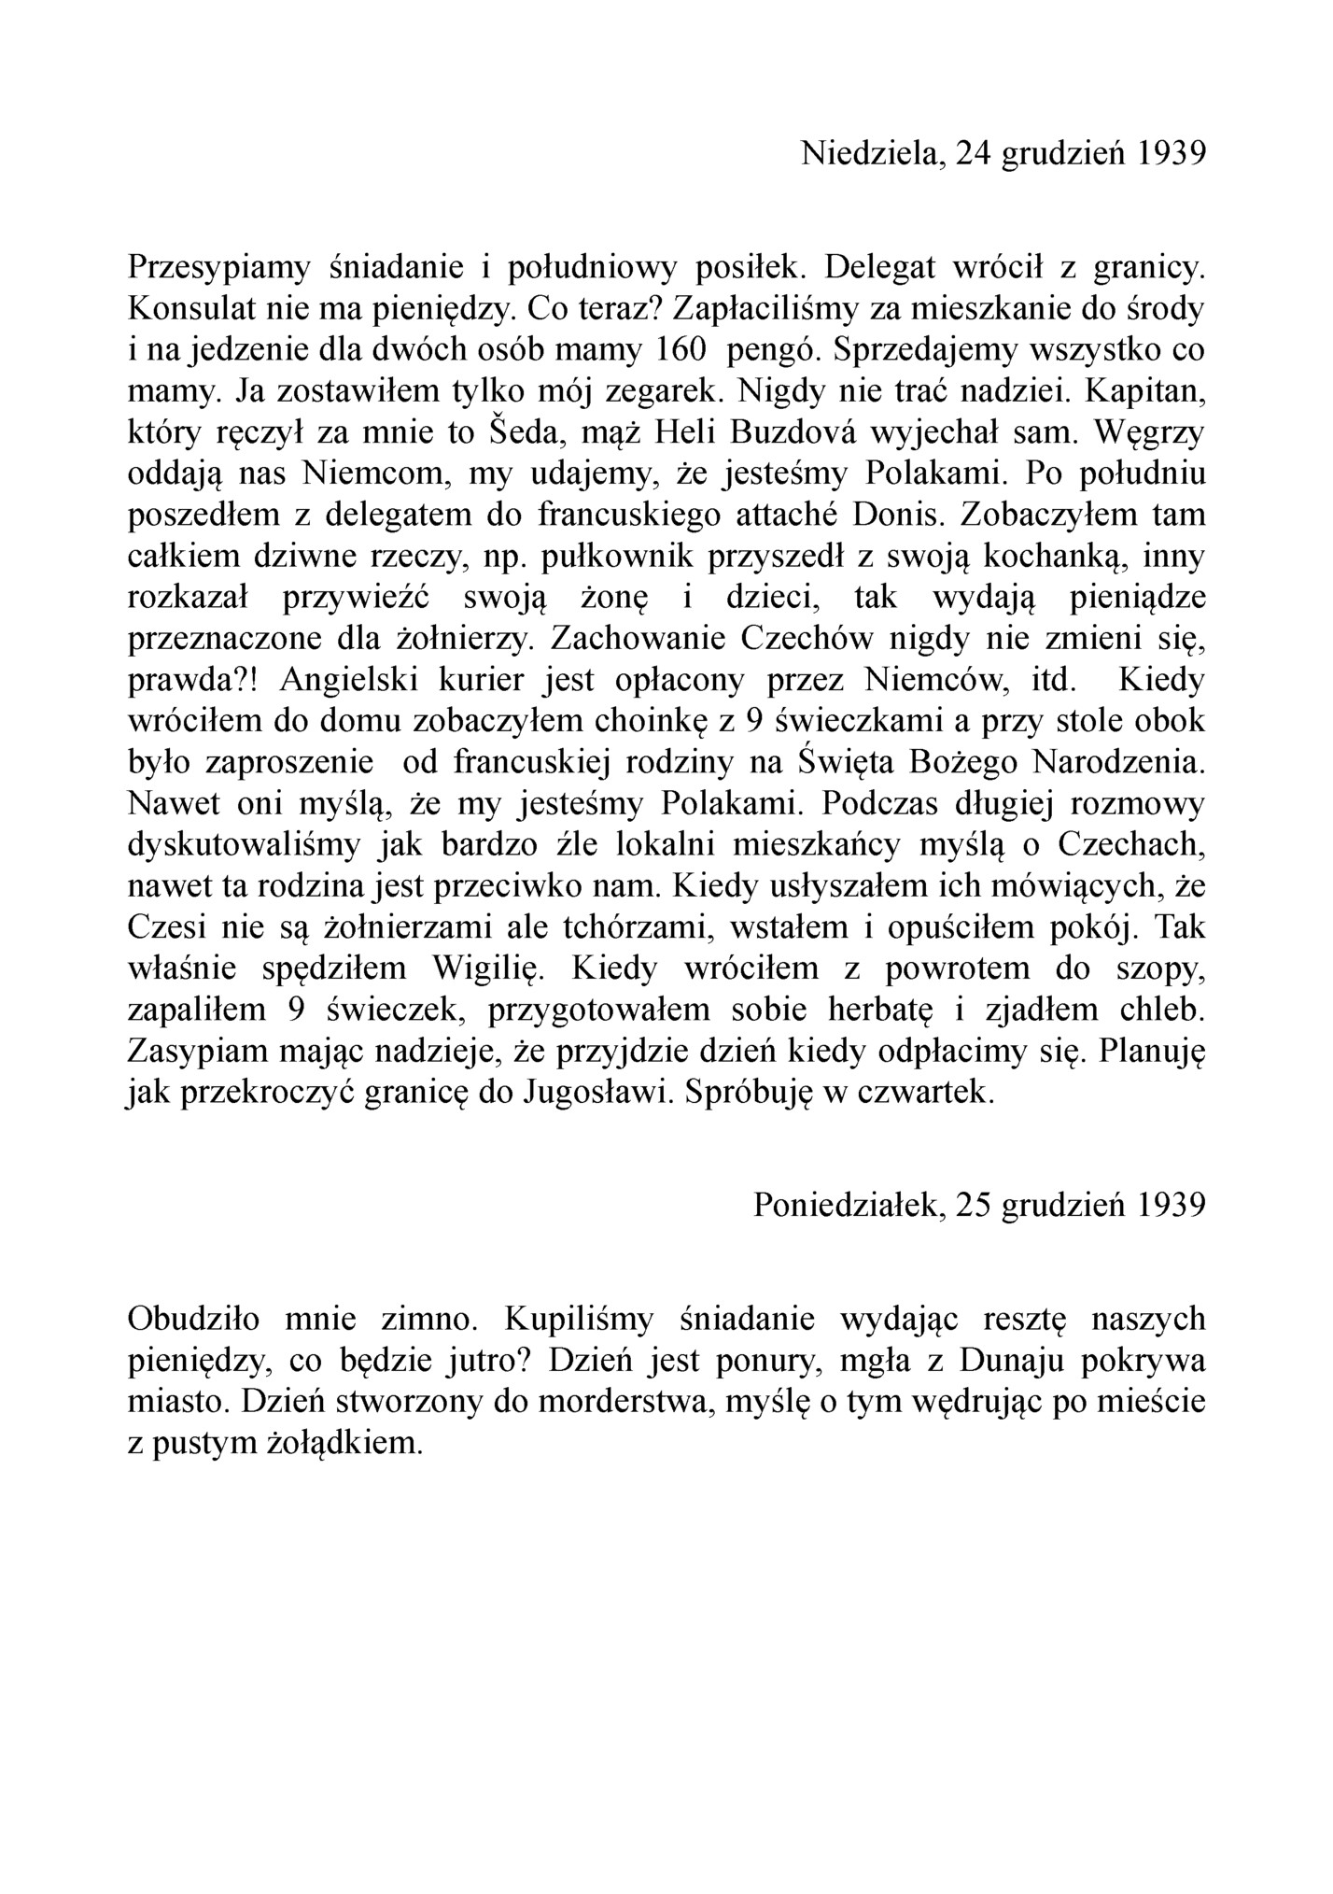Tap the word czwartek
925,1093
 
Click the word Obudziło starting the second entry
194,1320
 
